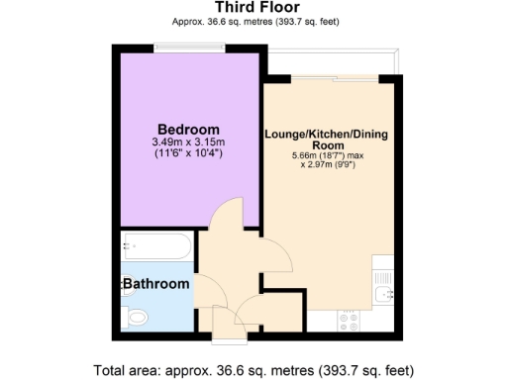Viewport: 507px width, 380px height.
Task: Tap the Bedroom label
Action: pyautogui.click(x=188, y=130)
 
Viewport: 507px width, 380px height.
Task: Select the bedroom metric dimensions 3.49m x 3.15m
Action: pyautogui.click(x=188, y=142)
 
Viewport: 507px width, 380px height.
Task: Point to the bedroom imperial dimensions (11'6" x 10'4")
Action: pyautogui.click(x=188, y=154)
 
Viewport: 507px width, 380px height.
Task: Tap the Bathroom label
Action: pyautogui.click(x=155, y=284)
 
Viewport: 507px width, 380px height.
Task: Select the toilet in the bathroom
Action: pyautogui.click(x=137, y=317)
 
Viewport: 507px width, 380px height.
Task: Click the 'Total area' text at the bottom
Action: pyautogui.click(x=253, y=370)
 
